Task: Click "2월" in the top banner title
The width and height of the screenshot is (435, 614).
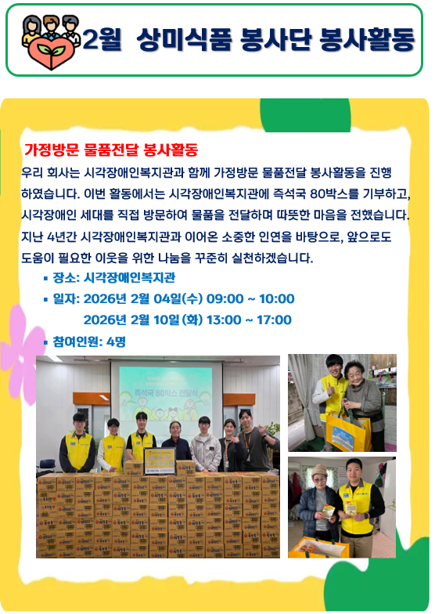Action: [100, 40]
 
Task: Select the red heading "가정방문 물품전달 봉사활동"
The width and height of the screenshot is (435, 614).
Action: [110, 149]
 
